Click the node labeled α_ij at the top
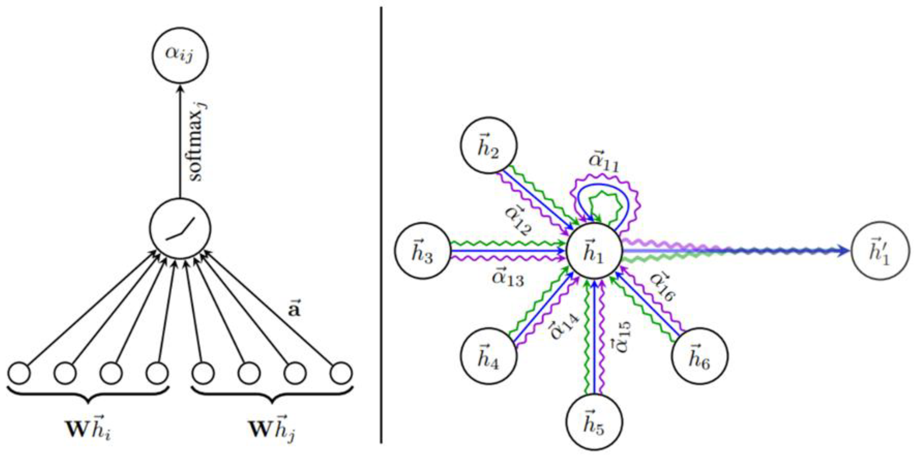tap(180, 56)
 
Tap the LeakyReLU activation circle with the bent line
tap(180, 228)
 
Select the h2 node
tap(489, 146)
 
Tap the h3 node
tap(423, 251)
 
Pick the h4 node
tap(489, 356)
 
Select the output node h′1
tap(880, 251)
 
